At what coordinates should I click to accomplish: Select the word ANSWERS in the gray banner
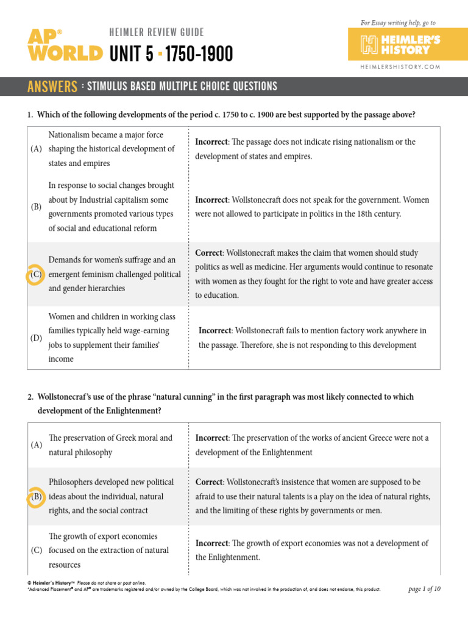pos(52,87)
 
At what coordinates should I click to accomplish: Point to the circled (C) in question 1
pos(36,275)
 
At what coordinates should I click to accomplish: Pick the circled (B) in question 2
pos(36,496)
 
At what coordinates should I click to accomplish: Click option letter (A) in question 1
pos(36,149)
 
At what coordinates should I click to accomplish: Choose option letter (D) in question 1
pos(36,338)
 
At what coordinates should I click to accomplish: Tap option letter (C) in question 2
pos(36,551)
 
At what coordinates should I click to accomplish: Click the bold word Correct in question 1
pos(208,253)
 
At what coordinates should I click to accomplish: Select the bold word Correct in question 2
pos(208,482)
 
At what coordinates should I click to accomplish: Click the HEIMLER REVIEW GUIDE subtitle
pos(157,32)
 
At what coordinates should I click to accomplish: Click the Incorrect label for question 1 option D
pos(215,330)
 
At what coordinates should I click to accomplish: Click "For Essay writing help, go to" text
pos(399,23)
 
